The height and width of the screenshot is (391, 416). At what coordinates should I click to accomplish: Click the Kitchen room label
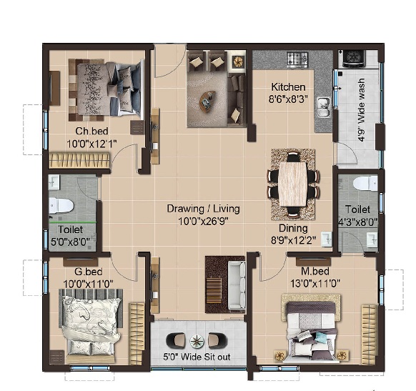point(288,87)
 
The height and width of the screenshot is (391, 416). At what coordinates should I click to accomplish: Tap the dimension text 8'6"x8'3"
point(288,99)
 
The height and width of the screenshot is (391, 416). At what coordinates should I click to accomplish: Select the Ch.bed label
point(91,131)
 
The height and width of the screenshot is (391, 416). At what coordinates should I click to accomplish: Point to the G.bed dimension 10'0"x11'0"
point(89,284)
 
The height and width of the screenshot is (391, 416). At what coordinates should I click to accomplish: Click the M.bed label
point(315,271)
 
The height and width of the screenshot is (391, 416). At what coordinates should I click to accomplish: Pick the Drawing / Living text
point(204,209)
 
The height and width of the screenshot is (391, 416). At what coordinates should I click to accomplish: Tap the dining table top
point(292,184)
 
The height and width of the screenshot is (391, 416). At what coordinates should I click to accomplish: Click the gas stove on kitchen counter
point(297,59)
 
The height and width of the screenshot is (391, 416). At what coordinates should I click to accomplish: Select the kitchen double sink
point(323,107)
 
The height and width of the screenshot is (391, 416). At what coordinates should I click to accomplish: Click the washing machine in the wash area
point(353,59)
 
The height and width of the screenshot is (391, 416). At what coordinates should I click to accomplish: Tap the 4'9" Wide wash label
point(362,110)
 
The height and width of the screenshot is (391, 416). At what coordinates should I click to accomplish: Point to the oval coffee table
point(208,100)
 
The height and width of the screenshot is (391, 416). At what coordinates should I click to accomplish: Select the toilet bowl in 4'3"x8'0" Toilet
point(365,183)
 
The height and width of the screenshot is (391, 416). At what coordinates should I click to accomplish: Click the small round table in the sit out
point(197,342)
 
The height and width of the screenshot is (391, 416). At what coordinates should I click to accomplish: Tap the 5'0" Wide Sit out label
point(197,357)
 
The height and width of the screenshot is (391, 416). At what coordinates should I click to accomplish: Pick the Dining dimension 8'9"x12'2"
point(293,240)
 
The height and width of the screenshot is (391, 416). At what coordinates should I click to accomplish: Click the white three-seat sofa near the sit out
point(237,286)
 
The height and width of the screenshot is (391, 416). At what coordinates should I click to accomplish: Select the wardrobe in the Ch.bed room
point(79,160)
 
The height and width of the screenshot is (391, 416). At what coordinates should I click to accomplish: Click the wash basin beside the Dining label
point(327,239)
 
